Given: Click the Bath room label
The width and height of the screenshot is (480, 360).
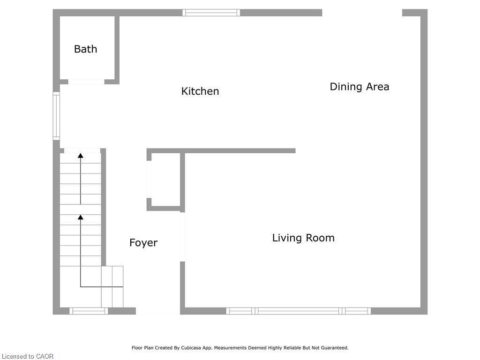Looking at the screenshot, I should pyautogui.click(x=85, y=49).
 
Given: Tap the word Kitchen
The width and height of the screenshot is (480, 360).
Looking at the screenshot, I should pyautogui.click(x=200, y=91).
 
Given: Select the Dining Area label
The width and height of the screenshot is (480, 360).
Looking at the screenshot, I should pyautogui.click(x=359, y=87).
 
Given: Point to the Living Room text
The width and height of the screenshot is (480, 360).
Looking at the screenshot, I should pyautogui.click(x=303, y=238).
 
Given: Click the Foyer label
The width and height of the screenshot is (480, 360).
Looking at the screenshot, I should pyautogui.click(x=143, y=243).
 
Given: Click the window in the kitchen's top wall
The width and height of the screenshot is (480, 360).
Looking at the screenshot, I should pyautogui.click(x=211, y=13).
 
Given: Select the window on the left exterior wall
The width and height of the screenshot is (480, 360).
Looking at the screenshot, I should pyautogui.click(x=56, y=116).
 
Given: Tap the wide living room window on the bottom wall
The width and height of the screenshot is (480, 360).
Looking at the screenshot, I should pyautogui.click(x=299, y=311).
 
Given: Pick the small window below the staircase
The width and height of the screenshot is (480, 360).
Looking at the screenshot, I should pyautogui.click(x=89, y=311).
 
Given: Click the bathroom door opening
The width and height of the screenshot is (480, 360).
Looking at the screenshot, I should pyautogui.click(x=86, y=82).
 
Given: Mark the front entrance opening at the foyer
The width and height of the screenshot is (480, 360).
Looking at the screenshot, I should pyautogui.click(x=158, y=311).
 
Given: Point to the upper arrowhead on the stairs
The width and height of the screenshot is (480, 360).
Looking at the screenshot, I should pyautogui.click(x=81, y=155).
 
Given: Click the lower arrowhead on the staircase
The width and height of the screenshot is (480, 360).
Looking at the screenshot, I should pyautogui.click(x=81, y=217).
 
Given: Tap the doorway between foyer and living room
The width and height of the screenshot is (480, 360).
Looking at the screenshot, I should pyautogui.click(x=182, y=236).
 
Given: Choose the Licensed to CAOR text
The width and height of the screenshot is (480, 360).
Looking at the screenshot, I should pyautogui.click(x=27, y=356).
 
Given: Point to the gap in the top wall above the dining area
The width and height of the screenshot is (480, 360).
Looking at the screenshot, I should pyautogui.click(x=362, y=13).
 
